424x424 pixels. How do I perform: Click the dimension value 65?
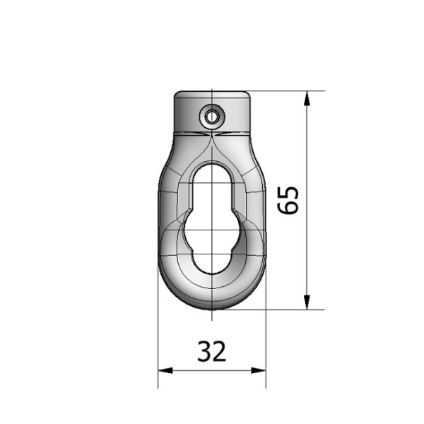pyautogui.click(x=288, y=200)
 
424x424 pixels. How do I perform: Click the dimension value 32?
pyautogui.click(x=211, y=351)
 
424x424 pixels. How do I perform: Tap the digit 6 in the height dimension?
pyautogui.click(x=288, y=207)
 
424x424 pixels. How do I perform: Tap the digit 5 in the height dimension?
pyautogui.click(x=288, y=192)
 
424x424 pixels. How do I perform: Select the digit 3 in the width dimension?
pyautogui.click(x=204, y=351)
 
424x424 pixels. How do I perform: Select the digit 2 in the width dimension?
pyautogui.click(x=219, y=351)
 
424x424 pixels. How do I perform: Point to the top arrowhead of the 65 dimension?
pyautogui.click(x=307, y=98)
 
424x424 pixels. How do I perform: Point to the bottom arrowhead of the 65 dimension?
pyautogui.click(x=307, y=302)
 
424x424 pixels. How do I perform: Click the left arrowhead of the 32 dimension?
pyautogui.click(x=165, y=370)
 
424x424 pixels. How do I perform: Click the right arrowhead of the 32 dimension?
pyautogui.click(x=259, y=370)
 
